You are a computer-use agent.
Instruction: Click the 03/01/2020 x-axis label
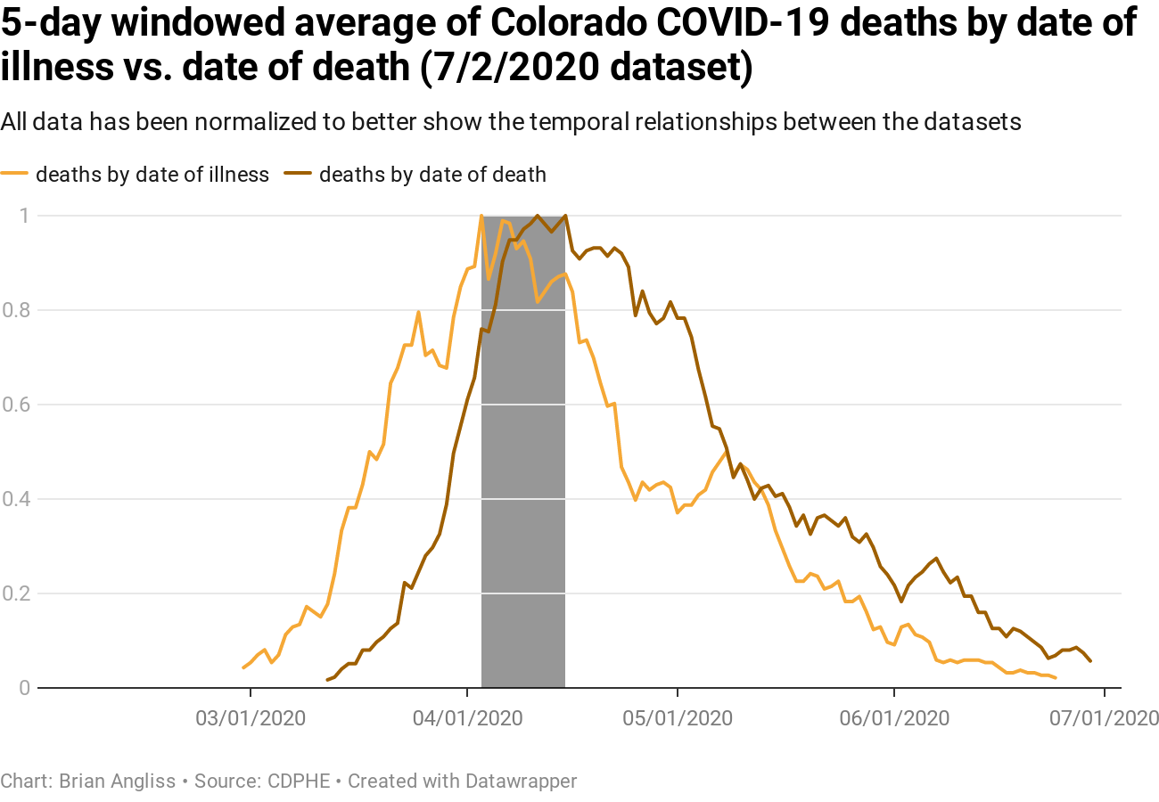coord(250,716)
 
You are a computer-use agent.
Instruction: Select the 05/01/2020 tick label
coord(678,716)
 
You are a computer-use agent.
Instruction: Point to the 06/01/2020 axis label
coord(894,716)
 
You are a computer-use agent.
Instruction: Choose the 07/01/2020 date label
coord(1104,716)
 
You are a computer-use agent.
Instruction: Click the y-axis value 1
coord(27,216)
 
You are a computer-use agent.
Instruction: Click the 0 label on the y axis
coord(27,688)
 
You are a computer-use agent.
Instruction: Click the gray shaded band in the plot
coord(523,535)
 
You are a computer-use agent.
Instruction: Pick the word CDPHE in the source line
coord(300,782)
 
